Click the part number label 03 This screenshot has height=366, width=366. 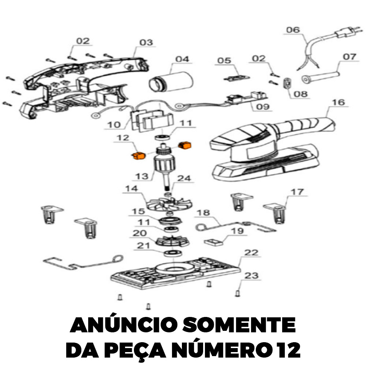(146, 42)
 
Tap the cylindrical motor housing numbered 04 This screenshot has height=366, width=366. (171, 82)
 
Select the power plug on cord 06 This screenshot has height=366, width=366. (349, 32)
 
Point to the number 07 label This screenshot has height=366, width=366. (350, 57)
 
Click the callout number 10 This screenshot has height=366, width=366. (114, 125)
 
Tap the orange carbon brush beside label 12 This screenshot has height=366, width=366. (139, 155)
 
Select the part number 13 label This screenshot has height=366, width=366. (142, 176)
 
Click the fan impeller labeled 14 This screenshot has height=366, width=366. (169, 204)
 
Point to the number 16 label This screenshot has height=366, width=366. (338, 102)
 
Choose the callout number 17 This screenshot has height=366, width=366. (297, 192)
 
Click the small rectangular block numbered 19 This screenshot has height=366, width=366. (214, 242)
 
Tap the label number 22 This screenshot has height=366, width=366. (251, 253)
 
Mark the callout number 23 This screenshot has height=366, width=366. (251, 276)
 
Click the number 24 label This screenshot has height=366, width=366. (184, 178)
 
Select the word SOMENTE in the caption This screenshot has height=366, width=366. (239, 325)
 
